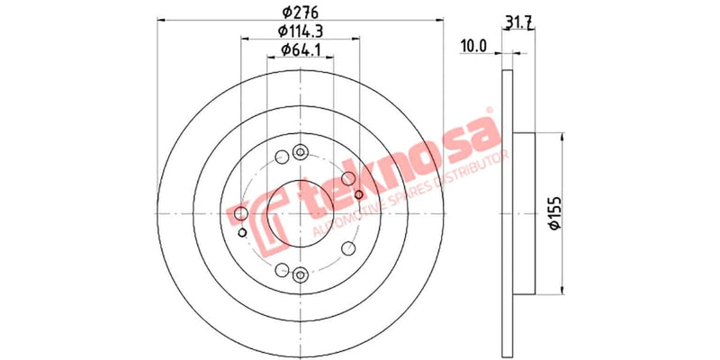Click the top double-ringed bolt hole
301,155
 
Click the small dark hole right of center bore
359,194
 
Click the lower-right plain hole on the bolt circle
347,247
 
